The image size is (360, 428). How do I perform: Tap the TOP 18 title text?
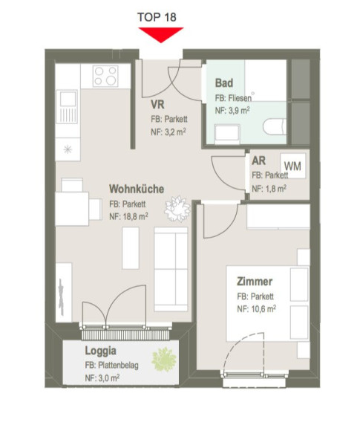[x=157, y=17]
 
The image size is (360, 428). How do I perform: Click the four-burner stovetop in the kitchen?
[x=105, y=76]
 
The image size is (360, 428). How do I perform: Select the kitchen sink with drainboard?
[x=67, y=107]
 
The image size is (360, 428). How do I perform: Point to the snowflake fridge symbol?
[x=68, y=149]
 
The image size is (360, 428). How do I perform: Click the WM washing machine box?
[x=293, y=166]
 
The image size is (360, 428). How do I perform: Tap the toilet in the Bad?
[x=275, y=126]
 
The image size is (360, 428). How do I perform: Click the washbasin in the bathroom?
[x=227, y=134]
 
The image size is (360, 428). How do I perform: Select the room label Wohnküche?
[x=137, y=189]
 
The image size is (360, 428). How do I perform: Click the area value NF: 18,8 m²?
[x=128, y=216]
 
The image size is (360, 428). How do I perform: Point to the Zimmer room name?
[x=255, y=282]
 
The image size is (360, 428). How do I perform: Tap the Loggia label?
[x=101, y=351]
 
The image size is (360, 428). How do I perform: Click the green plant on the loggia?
[x=164, y=359]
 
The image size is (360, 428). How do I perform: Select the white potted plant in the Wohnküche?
[x=177, y=209]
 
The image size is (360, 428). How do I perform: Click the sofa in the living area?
[x=171, y=269]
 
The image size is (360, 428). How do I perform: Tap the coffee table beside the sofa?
[x=131, y=248]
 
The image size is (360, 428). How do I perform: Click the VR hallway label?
[x=157, y=105]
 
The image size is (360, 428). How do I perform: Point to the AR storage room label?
[x=259, y=160]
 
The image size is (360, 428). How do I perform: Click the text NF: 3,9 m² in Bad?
[x=232, y=111]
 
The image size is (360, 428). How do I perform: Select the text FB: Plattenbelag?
[x=112, y=366]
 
